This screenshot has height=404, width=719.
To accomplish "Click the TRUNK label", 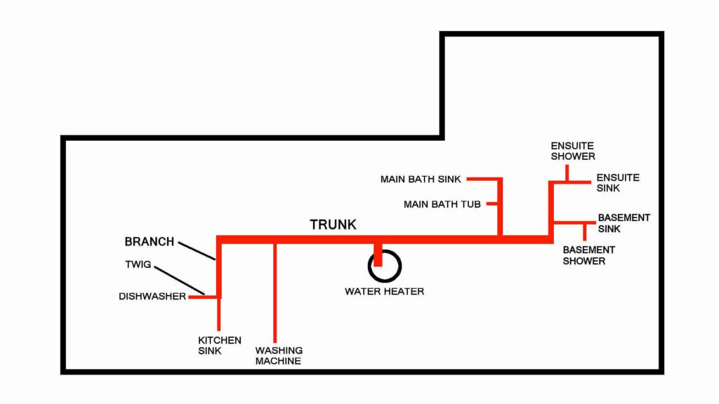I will click(334, 225).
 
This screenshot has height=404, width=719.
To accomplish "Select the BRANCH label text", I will click(149, 242).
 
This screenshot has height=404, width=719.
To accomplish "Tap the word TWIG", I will click(138, 266).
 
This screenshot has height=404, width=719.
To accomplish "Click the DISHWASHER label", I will click(152, 297).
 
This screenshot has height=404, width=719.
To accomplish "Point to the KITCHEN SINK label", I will click(219, 345).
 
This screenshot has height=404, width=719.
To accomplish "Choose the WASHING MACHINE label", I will click(279, 356).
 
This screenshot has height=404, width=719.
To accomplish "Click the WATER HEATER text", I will click(384, 291).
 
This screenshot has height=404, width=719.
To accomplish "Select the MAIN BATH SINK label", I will click(421, 180).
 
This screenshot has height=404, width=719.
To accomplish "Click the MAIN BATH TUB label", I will click(442, 205).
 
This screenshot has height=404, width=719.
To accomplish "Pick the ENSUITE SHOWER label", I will click(573, 151).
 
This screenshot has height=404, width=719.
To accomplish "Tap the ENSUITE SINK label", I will click(618, 183).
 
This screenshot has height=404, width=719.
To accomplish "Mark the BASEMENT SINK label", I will click(624, 223).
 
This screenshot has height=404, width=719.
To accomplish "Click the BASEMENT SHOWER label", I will click(588, 255).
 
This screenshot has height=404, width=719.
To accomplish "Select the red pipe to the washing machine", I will click(275, 295).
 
